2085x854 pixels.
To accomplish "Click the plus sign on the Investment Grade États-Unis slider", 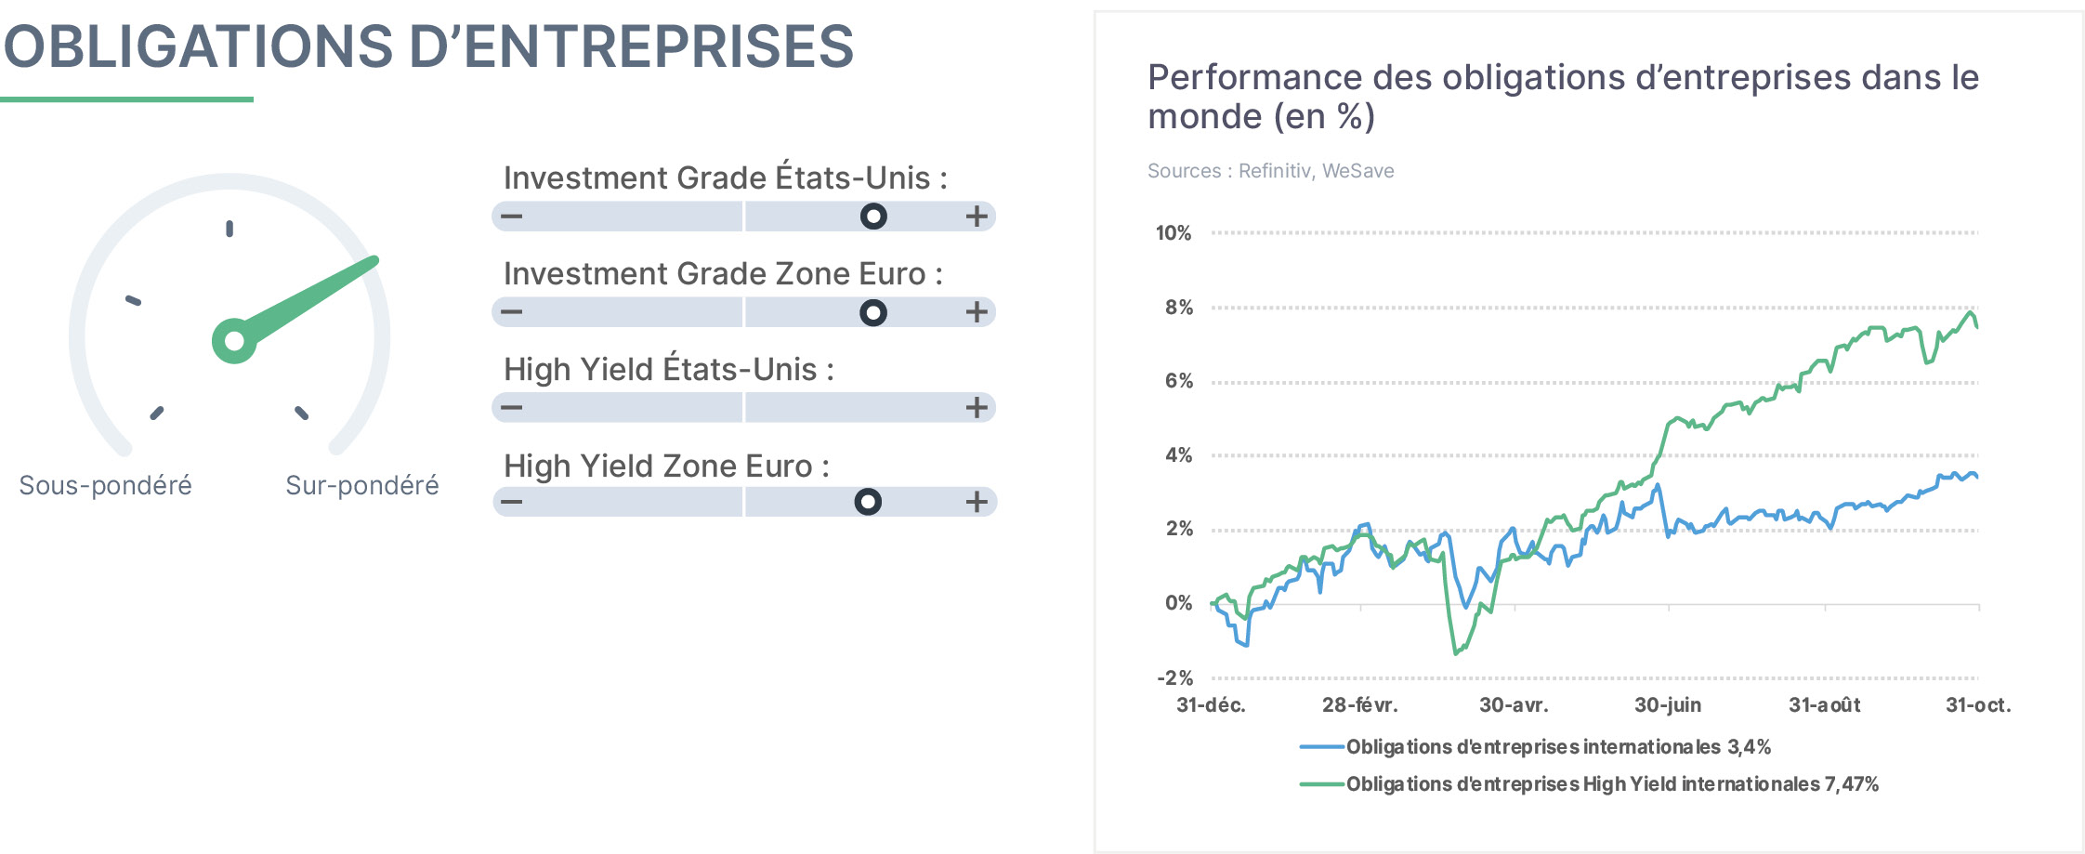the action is pos(976,217).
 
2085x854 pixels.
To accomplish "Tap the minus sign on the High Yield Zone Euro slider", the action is pos(511,503).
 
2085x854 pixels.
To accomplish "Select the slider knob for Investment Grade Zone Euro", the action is pos(873,312).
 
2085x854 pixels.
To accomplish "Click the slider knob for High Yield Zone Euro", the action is pos(868,502).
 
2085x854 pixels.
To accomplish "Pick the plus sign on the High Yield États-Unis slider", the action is pos(976,407).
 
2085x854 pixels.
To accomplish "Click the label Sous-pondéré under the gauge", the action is pos(105,485).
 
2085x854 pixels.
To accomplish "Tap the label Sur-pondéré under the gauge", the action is pos(362,485).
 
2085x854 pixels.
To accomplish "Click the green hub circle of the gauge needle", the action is pos(234,341).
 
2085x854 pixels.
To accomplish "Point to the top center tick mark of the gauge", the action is pos(229,229).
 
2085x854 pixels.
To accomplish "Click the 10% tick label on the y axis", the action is pos(1173,233).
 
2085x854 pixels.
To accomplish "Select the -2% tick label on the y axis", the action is pos(1174,678).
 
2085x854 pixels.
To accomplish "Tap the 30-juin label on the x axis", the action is pos(1668,705).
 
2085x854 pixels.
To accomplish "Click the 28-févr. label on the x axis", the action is pos(1359,705).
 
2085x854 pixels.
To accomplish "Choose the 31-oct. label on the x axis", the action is pos(1978,705).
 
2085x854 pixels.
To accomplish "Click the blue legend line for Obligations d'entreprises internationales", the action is pos(1322,747).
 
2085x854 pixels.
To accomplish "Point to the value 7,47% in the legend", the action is pos(1852,784).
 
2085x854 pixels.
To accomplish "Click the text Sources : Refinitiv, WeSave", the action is pos(1270,171).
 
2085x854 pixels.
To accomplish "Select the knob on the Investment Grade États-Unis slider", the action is pos(873,217).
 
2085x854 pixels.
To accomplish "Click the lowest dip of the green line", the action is pos(1455,653).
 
